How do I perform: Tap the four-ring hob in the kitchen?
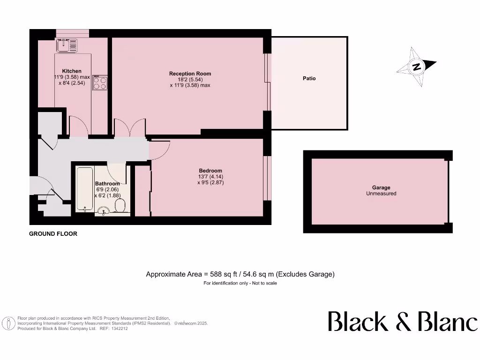[x=99, y=83]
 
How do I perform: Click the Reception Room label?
[x=190, y=74]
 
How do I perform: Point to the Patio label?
[x=309, y=78]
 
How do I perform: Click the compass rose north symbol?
[x=416, y=67]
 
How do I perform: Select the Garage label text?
[x=381, y=187]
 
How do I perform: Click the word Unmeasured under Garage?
[x=381, y=194]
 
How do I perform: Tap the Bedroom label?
[x=210, y=171]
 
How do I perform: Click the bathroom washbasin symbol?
[x=103, y=212]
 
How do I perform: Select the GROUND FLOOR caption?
[x=53, y=233]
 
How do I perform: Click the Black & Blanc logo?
[x=402, y=322]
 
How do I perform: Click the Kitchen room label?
[x=72, y=71]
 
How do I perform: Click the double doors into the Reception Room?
[x=130, y=127]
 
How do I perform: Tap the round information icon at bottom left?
[x=8, y=323]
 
